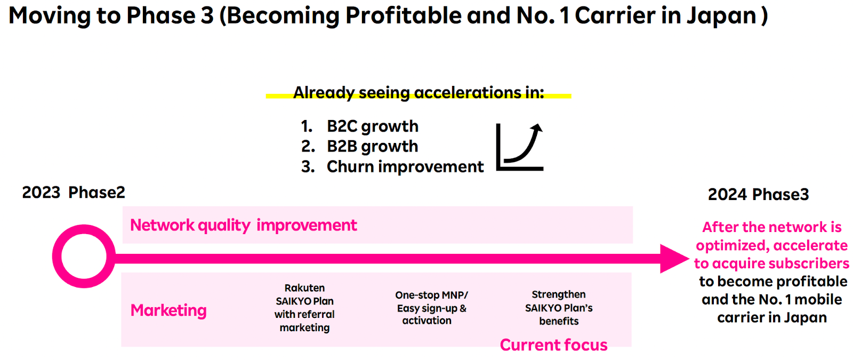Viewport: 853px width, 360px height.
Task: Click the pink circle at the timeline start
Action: (x=84, y=257)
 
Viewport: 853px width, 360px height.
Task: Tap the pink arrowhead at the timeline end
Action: (x=673, y=259)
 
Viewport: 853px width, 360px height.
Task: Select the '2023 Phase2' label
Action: (x=74, y=193)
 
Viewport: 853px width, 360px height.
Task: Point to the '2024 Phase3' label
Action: (x=758, y=195)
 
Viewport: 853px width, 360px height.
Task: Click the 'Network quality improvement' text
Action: (x=243, y=226)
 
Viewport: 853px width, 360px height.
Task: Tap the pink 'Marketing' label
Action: (x=168, y=310)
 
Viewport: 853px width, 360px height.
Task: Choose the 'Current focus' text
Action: (x=553, y=345)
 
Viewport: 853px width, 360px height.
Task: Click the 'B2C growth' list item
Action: (x=372, y=126)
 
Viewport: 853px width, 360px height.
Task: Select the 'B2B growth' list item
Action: (x=372, y=147)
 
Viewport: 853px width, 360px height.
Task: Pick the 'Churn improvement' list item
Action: (x=405, y=167)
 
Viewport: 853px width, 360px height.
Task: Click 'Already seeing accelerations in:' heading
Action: (x=419, y=93)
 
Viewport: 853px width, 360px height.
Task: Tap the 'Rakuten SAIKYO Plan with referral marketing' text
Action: (x=304, y=308)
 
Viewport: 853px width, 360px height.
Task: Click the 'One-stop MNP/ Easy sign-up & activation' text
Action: (x=431, y=308)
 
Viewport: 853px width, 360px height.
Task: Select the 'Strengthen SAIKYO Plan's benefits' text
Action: (x=558, y=308)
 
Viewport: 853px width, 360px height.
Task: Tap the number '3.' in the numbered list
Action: (x=308, y=167)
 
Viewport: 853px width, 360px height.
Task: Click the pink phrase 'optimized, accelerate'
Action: (x=771, y=245)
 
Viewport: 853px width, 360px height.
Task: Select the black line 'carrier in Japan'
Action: (x=771, y=318)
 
